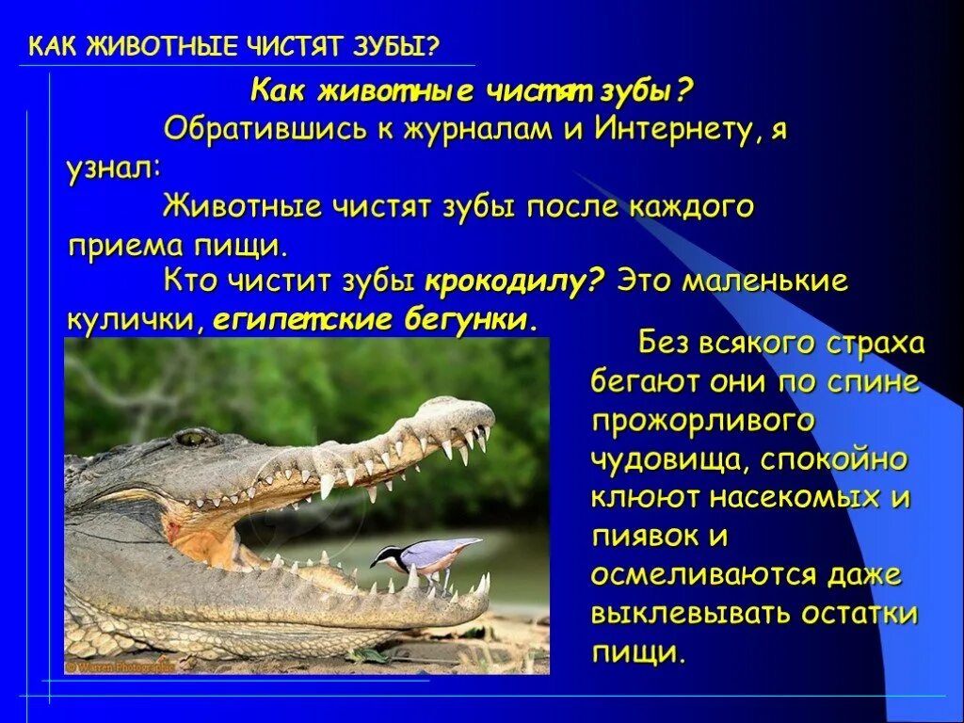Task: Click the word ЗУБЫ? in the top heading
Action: [x=399, y=46]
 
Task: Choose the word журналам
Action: [x=477, y=129]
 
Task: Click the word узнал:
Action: [x=113, y=169]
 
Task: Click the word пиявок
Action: [x=647, y=536]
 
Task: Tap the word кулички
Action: [x=129, y=319]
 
